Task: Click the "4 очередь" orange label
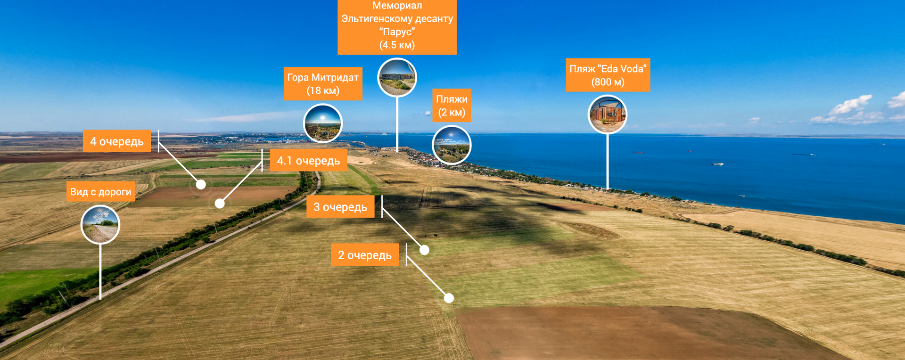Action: tap(117, 141)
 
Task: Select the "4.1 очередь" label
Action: tap(308, 161)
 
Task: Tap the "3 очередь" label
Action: tap(340, 207)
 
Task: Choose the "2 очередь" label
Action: tap(365, 255)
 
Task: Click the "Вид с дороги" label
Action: tap(101, 192)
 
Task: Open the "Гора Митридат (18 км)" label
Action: tap(323, 84)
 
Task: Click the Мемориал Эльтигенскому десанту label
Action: tap(397, 25)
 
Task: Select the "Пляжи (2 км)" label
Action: tap(452, 106)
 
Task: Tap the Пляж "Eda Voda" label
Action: tap(608, 75)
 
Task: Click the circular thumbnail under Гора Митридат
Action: tap(323, 123)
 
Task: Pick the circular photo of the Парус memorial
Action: tap(397, 77)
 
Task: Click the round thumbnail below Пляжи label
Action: tap(452, 145)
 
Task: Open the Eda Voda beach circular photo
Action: tap(608, 115)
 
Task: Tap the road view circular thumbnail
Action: tap(100, 225)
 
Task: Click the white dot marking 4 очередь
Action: tap(201, 185)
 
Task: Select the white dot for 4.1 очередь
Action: tap(220, 204)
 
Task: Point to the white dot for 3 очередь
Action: tap(424, 250)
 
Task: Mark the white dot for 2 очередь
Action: tap(449, 298)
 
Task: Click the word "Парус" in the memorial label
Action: tap(397, 32)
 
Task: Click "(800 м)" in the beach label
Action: tap(608, 82)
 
